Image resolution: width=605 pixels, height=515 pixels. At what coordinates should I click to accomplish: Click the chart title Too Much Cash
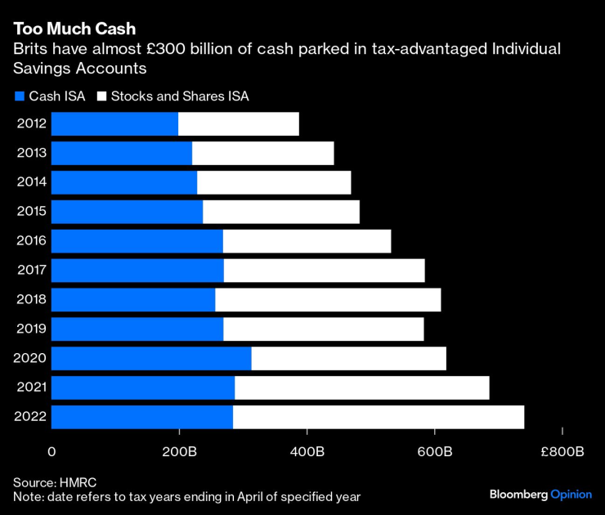click(74, 29)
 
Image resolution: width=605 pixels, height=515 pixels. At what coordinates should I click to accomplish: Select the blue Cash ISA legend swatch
click(20, 96)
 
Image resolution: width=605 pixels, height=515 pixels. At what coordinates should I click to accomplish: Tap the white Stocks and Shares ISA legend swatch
click(102, 96)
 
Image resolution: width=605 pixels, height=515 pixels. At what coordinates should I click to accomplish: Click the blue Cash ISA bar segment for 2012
click(114, 124)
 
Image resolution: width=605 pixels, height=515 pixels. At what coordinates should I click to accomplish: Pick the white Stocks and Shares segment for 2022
click(378, 417)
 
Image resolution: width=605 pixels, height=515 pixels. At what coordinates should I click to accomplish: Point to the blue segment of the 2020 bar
click(151, 358)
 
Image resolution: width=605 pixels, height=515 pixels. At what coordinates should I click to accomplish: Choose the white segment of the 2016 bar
click(307, 241)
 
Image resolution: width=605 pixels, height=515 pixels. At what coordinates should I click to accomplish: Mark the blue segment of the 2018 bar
click(133, 300)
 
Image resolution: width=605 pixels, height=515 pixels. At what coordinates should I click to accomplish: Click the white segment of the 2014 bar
click(274, 182)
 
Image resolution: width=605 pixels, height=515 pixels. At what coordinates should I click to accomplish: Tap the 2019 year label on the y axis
click(31, 329)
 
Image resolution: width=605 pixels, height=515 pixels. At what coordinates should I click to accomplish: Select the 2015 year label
click(31, 212)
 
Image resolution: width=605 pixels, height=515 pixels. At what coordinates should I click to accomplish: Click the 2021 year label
click(31, 387)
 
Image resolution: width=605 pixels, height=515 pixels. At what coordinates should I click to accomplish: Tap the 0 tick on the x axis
click(52, 452)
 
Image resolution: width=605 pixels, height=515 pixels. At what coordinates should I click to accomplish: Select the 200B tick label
click(179, 452)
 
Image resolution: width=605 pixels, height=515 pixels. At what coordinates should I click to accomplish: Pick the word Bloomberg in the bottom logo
click(518, 495)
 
